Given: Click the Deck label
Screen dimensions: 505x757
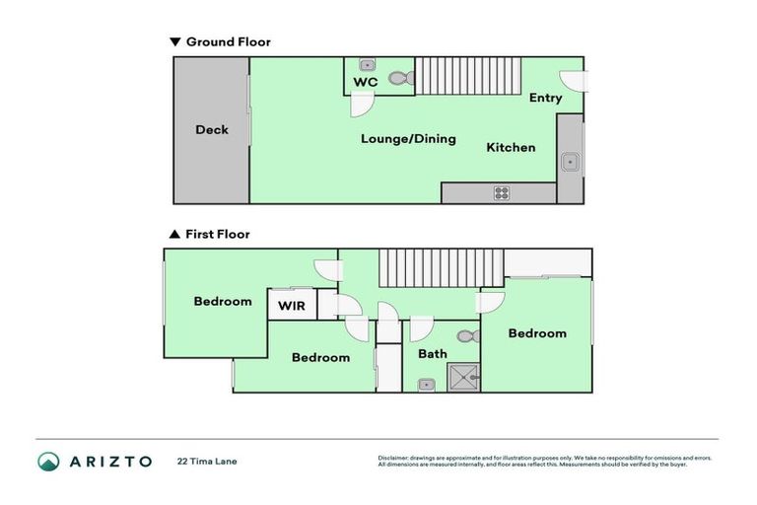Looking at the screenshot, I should point(211,130).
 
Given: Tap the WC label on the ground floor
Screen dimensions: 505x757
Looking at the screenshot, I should point(366,83).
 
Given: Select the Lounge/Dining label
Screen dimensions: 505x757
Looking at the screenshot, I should point(408,139).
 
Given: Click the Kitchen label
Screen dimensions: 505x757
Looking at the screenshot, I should point(511,148).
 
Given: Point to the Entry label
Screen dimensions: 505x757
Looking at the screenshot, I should point(545,98).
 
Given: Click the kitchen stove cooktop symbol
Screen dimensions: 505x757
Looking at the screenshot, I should point(502,193).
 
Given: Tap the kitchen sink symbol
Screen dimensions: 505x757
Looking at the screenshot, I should point(569,161).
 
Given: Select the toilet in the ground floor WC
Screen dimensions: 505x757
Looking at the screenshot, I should point(398,78).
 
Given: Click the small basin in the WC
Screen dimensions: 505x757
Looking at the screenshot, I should point(367,64).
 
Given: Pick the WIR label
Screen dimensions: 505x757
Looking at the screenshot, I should point(291,307).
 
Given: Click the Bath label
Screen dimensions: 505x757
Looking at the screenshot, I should point(432,354).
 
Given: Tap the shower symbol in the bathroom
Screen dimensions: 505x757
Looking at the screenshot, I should point(463,377).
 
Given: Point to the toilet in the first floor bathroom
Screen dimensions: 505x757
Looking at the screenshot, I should point(466,336).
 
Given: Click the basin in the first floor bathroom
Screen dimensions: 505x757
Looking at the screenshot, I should point(424,384).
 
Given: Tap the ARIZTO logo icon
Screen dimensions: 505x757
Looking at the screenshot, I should point(48,461).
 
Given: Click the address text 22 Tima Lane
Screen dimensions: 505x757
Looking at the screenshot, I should point(207,461).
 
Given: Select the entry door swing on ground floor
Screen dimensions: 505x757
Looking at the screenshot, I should point(572,81).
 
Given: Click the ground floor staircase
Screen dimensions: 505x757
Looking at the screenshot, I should point(467,76).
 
